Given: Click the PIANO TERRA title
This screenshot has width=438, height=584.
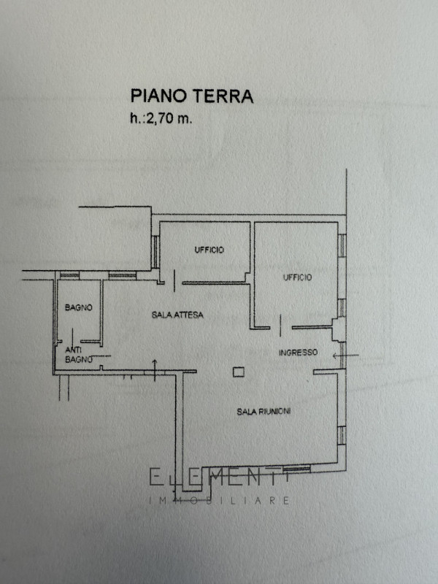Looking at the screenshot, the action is click(x=192, y=96).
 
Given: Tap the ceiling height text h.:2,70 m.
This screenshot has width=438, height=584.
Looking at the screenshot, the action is click(x=161, y=119).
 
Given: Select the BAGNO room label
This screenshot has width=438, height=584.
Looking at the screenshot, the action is click(x=79, y=307).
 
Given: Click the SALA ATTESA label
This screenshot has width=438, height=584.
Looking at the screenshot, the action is click(x=177, y=315).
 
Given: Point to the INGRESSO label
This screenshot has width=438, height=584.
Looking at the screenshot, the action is click(x=299, y=353).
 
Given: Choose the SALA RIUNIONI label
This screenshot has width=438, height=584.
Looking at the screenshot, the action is click(x=264, y=412).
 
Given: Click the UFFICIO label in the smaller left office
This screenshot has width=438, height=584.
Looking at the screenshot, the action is click(x=209, y=250).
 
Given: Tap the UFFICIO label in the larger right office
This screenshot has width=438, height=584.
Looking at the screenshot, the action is click(x=297, y=277).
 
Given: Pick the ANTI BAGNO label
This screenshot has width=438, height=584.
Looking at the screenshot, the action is click(x=79, y=355).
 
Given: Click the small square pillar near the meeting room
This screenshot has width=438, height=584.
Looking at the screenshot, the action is click(x=239, y=372).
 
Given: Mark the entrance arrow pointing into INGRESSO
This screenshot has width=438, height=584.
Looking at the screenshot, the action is click(x=345, y=356).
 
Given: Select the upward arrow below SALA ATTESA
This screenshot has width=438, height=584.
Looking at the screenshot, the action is click(x=155, y=371).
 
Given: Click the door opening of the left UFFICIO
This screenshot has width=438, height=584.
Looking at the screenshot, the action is click(x=174, y=281).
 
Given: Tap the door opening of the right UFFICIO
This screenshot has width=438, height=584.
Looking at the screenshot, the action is click(x=281, y=326).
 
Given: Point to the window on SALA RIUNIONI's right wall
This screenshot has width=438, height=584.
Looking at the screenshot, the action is click(x=342, y=435).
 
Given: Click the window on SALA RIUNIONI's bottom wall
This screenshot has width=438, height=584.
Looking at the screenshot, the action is click(x=296, y=469).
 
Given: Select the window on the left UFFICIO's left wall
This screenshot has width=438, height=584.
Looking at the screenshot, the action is click(x=155, y=252).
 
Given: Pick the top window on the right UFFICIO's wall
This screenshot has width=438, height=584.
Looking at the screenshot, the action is click(x=342, y=245).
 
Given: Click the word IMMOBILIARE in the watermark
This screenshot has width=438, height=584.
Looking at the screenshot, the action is click(x=219, y=500).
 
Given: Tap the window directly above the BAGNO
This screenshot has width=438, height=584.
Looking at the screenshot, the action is click(x=69, y=276).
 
